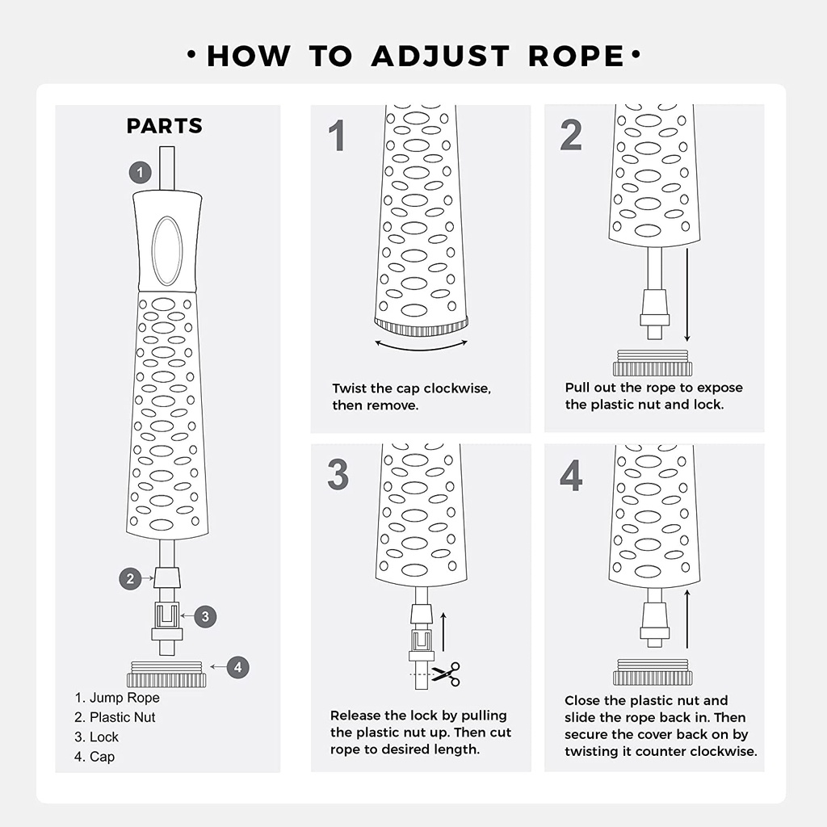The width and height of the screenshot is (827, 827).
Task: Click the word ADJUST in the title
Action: (x=440, y=56)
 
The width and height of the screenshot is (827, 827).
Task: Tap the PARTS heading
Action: (x=165, y=126)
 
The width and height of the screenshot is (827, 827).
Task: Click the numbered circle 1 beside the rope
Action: (x=141, y=173)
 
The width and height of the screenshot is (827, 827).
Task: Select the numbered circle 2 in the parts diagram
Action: (x=130, y=578)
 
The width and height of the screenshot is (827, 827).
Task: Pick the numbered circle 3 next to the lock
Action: (x=205, y=616)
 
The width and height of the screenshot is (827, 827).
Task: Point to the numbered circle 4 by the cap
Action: (x=238, y=667)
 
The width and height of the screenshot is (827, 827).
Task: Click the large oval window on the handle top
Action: (x=167, y=250)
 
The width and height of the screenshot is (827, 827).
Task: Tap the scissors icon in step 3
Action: (x=447, y=674)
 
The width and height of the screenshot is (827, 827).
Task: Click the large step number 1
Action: (x=337, y=136)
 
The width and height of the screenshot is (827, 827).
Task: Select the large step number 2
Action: (x=571, y=135)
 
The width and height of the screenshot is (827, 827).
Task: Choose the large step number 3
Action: (x=338, y=474)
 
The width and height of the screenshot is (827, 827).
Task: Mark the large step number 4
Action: (x=571, y=475)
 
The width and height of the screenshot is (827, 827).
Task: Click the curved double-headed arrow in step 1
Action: (x=421, y=348)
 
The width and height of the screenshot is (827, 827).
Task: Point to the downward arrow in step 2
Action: (x=686, y=296)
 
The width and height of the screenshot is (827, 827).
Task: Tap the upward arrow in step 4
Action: (x=687, y=619)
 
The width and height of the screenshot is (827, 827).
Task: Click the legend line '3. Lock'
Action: (x=97, y=737)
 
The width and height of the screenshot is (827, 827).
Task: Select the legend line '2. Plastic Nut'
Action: (x=115, y=717)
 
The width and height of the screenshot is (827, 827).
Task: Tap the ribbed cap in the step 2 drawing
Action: (x=653, y=363)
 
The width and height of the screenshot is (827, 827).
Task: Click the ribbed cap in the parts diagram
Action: (x=166, y=674)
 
